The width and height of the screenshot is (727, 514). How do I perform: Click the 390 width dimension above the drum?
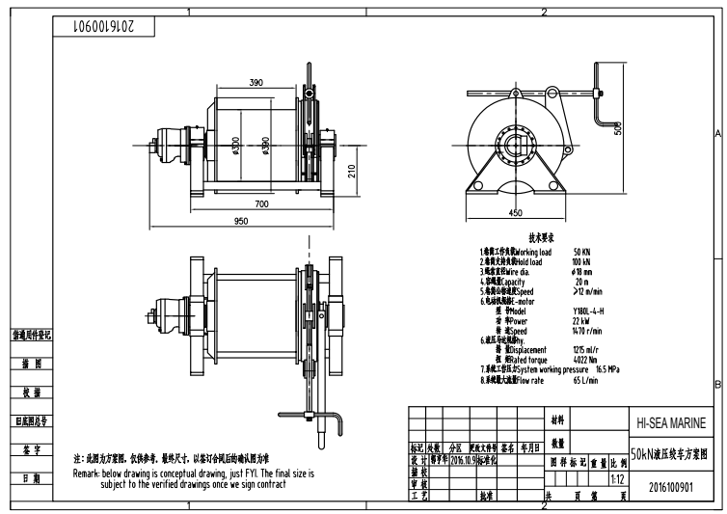[256, 84]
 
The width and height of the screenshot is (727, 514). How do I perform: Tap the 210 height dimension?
[352, 170]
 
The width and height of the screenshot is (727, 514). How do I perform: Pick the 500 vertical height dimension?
[618, 128]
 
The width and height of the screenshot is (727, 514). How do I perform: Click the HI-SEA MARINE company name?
[671, 423]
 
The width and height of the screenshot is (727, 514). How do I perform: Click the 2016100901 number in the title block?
[671, 488]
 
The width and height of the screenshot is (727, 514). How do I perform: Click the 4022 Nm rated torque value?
[586, 359]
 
